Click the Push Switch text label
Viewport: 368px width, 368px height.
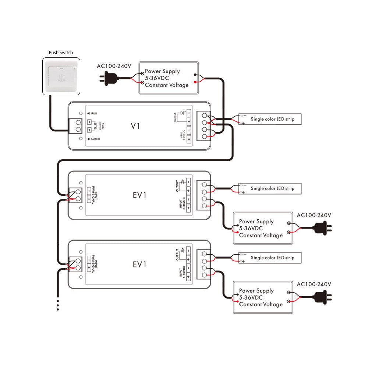61,53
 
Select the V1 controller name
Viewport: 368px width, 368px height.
135,126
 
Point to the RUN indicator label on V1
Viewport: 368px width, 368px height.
93,114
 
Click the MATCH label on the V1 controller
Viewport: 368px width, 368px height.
95,139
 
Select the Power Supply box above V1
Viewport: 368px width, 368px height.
169,78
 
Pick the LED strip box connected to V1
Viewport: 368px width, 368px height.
269,119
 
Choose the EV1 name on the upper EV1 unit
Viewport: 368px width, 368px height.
139,195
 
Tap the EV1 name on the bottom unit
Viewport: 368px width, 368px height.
139,264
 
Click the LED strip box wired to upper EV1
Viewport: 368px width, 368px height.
269,188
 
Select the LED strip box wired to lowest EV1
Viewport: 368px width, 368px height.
269,258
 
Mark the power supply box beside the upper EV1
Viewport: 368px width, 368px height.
263,228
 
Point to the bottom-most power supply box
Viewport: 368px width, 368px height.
263,297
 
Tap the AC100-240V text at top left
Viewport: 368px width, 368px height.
114,66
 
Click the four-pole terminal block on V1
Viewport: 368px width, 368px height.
204,126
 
